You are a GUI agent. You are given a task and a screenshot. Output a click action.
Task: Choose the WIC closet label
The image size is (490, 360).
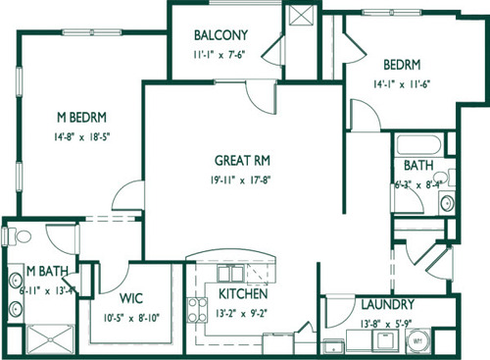(132, 298)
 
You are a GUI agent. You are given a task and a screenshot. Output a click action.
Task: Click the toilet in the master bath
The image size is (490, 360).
(14, 235)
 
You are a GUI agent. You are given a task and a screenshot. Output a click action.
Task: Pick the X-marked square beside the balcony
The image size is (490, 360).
(307, 18)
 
